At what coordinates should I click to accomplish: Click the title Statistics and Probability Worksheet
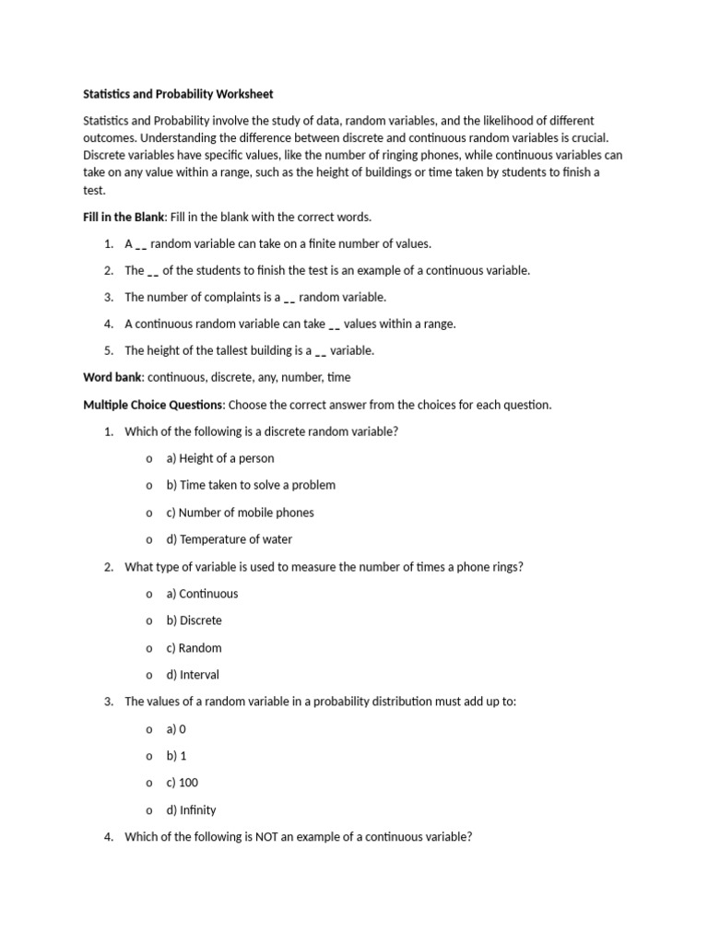tap(178, 94)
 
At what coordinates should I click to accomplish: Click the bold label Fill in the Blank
tap(124, 218)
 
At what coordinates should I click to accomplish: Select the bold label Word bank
tap(112, 377)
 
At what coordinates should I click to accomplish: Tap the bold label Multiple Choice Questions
tap(153, 405)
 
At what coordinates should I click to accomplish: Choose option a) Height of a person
tap(219, 458)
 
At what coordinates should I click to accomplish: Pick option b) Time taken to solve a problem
tap(250, 485)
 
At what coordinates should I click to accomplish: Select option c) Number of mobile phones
tap(240, 513)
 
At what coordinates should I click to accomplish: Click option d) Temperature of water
tap(229, 539)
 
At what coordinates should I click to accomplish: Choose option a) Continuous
tap(202, 594)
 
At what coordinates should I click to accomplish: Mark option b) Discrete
tap(194, 620)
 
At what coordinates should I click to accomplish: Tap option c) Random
tap(194, 648)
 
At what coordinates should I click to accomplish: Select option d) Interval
tap(193, 675)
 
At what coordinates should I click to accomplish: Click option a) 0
tap(176, 729)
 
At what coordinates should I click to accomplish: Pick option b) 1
tap(176, 756)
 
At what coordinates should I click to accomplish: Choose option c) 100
tap(182, 784)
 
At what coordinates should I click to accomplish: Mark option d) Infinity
tap(191, 810)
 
